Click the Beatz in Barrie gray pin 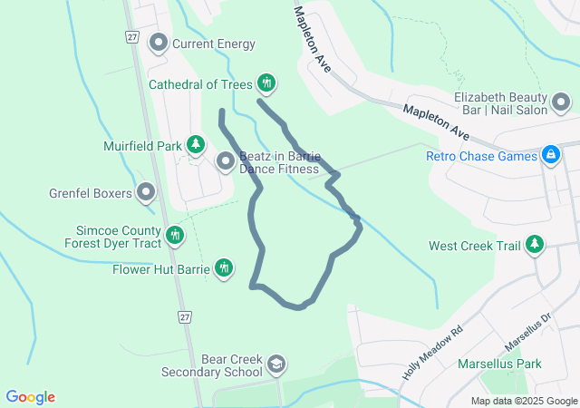pyautogui.click(x=226, y=161)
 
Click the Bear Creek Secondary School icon pyautogui.click(x=275, y=364)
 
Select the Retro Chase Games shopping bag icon pyautogui.click(x=549, y=155)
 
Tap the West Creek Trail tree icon pyautogui.click(x=535, y=245)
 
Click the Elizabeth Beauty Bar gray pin pyautogui.click(x=562, y=100)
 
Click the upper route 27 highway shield pyautogui.click(x=132, y=36)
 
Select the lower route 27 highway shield pyautogui.click(x=185, y=316)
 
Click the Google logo pyautogui.click(x=30, y=397)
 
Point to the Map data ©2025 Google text pyautogui.click(x=524, y=401)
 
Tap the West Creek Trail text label pyautogui.click(x=474, y=246)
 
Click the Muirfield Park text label pyautogui.click(x=143, y=145)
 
